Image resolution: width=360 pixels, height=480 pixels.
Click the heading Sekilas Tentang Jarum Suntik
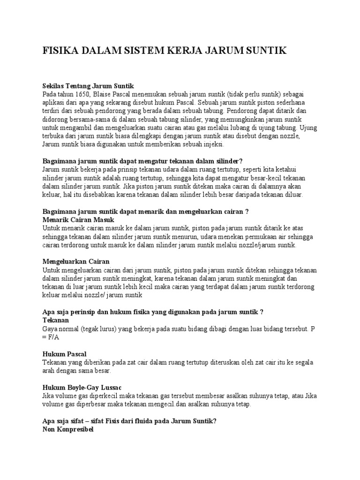tap(88, 86)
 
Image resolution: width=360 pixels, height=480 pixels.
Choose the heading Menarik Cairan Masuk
tap(78, 219)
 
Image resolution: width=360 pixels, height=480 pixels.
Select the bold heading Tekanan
tap(56, 320)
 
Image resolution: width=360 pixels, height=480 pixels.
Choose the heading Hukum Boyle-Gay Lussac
tap(82, 387)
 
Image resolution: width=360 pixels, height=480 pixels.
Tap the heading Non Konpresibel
tap(68, 429)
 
